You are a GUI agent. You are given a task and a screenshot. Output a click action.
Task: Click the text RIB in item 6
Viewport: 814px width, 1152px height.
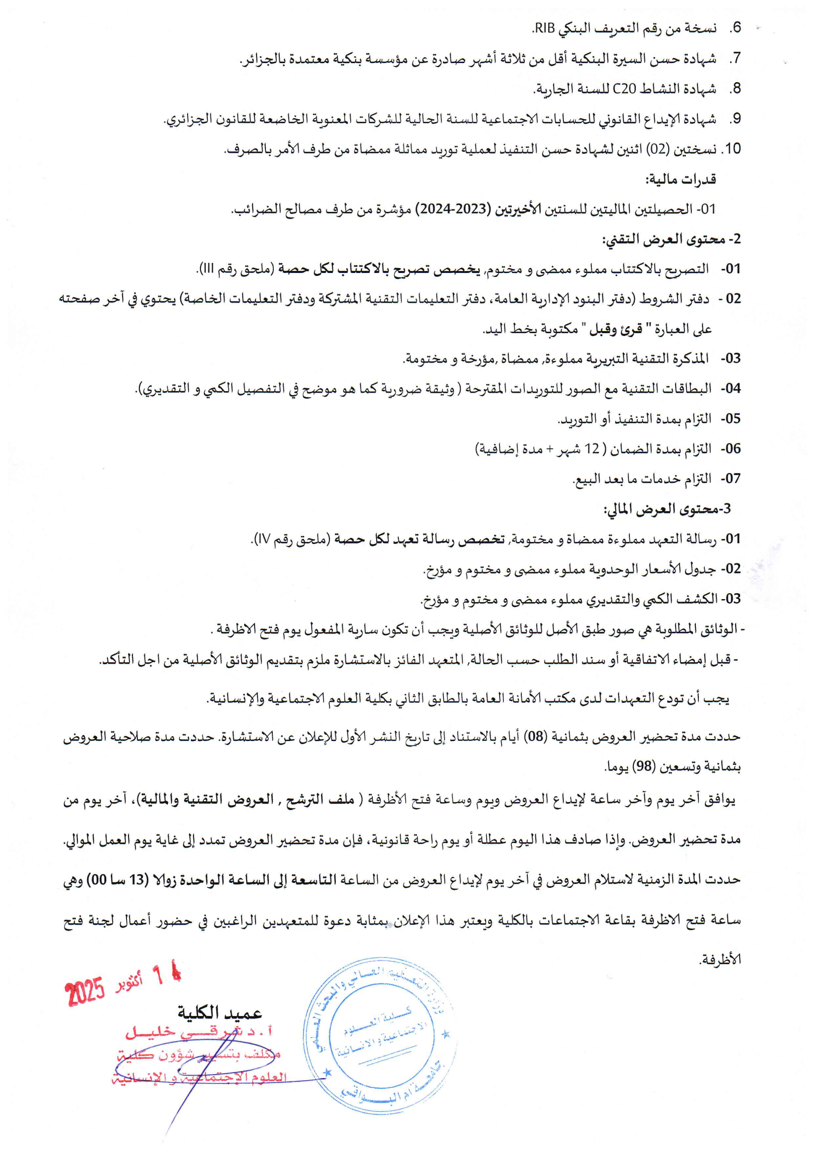click(544, 29)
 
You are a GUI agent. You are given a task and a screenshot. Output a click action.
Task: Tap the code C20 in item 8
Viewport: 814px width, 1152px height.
click(624, 89)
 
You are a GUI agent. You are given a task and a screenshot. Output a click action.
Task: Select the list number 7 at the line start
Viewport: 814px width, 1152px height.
click(735, 59)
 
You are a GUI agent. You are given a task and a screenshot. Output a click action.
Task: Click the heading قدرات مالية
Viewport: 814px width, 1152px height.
click(680, 179)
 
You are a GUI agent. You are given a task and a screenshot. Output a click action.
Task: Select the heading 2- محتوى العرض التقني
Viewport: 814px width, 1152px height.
click(671, 239)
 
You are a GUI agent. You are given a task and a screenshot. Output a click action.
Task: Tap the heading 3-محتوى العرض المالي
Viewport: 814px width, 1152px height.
click(667, 509)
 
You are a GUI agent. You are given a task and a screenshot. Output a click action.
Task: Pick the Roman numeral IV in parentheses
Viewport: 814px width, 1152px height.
click(263, 540)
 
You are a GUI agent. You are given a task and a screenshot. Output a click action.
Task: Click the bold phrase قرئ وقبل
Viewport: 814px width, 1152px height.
click(615, 329)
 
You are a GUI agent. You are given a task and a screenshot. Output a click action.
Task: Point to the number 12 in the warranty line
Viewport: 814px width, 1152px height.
click(592, 449)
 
